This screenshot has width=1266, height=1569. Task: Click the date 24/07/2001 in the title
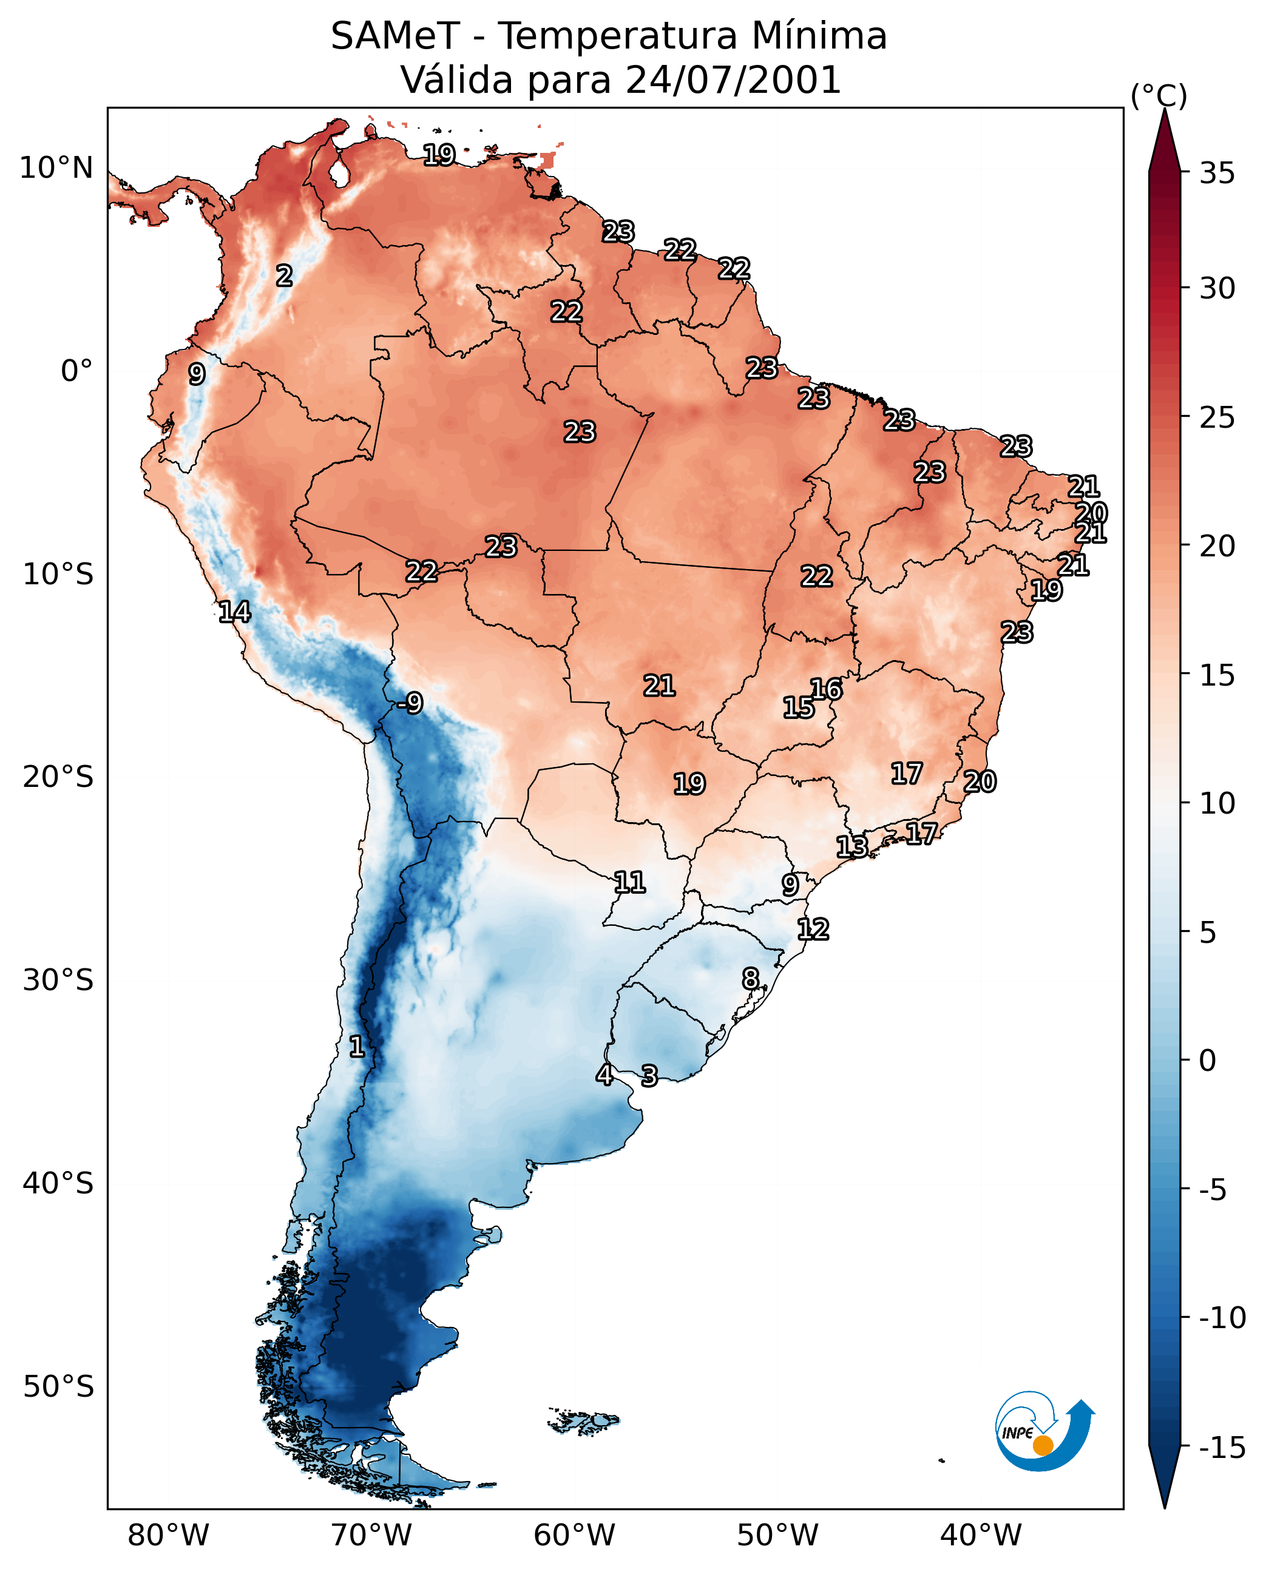pyautogui.click(x=733, y=79)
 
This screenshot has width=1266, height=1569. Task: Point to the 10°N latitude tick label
pyautogui.click(x=56, y=169)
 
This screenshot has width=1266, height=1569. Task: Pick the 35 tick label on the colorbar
pyautogui.click(x=1217, y=174)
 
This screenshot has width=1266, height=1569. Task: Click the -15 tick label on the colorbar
pyautogui.click(x=1222, y=1447)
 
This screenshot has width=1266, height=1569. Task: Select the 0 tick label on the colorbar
pyautogui.click(x=1208, y=1060)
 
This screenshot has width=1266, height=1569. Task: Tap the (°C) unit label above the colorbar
pyautogui.click(x=1159, y=95)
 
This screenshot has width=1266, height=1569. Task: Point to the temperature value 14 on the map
pyautogui.click(x=234, y=611)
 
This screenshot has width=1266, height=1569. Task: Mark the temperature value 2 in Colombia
pyautogui.click(x=285, y=275)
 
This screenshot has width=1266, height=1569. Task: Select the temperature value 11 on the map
pyautogui.click(x=629, y=882)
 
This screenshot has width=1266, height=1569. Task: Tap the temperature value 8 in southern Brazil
pyautogui.click(x=750, y=979)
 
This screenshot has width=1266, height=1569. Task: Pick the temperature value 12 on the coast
pyautogui.click(x=813, y=929)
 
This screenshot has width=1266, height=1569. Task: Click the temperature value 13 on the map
pyautogui.click(x=851, y=846)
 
